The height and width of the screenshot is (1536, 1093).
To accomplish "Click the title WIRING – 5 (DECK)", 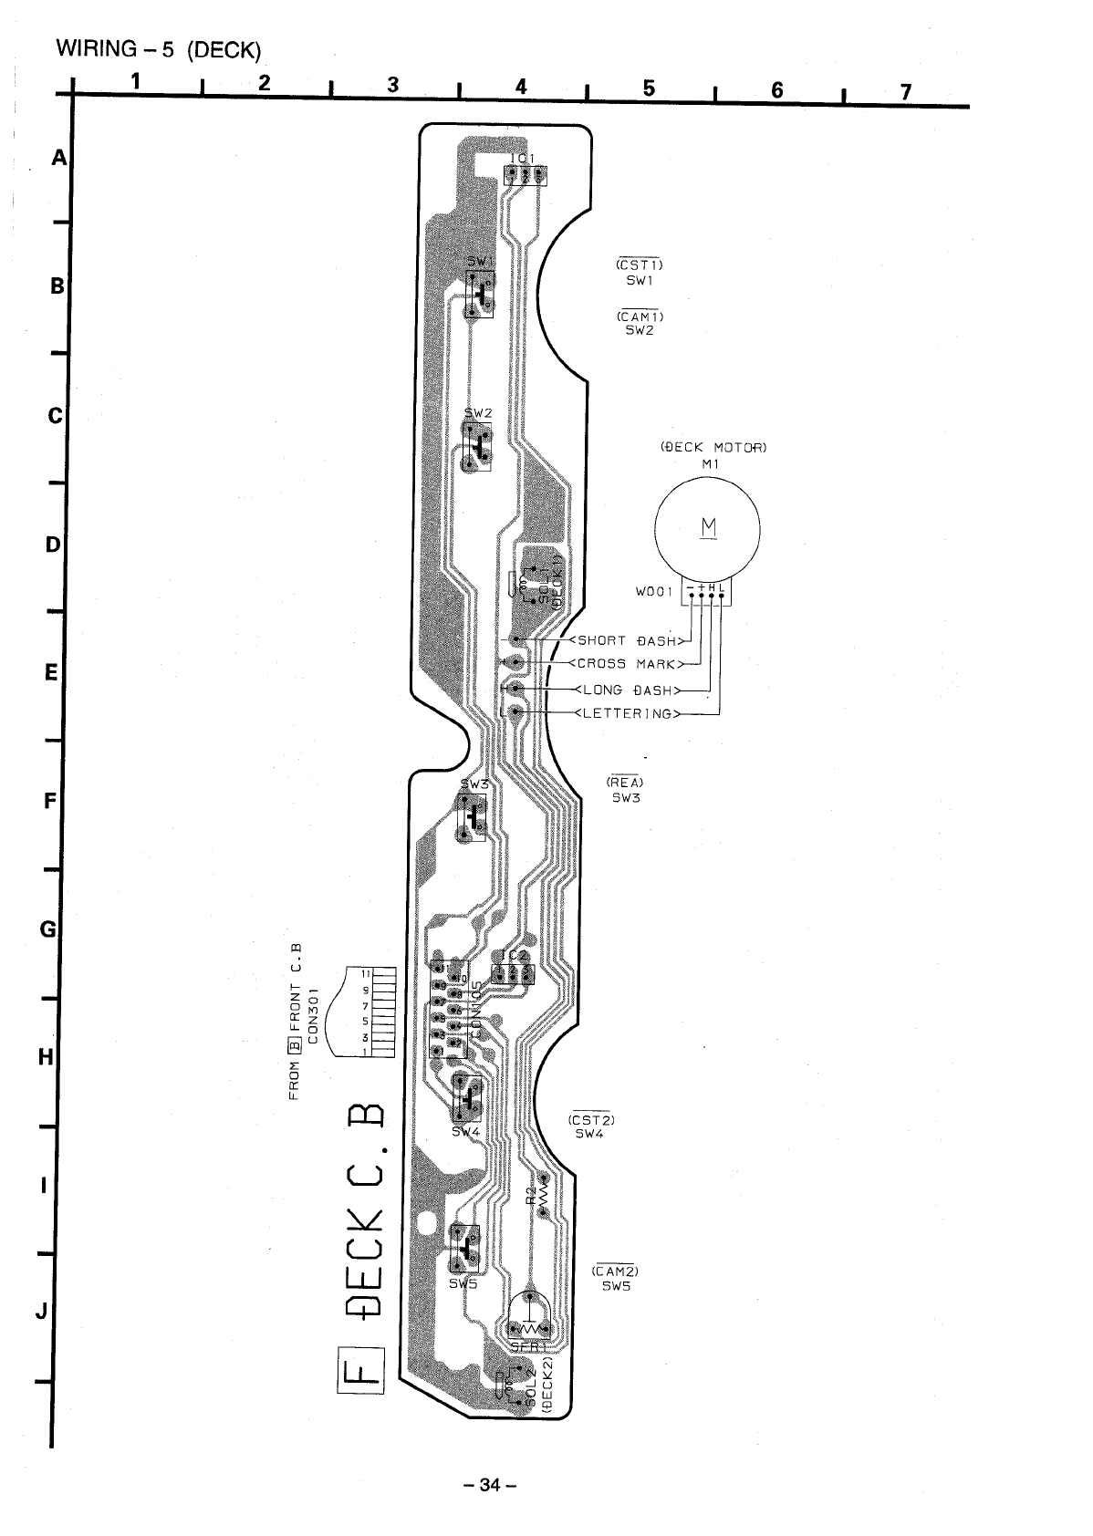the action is (152, 49).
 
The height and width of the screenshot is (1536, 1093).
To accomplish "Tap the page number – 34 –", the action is (489, 1485).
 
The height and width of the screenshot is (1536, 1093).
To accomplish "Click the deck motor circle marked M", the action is (708, 528).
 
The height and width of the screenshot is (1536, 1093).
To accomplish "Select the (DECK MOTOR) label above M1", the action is (713, 447).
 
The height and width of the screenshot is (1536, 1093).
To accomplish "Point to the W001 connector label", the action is (654, 591).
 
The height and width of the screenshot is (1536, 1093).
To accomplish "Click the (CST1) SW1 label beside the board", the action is (640, 273).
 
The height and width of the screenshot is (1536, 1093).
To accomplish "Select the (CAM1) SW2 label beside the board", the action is (640, 324).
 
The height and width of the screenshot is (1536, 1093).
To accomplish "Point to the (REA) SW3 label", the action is (626, 790).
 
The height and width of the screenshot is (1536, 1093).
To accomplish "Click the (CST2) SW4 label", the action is (590, 1126).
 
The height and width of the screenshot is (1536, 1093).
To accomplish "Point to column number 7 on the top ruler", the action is (905, 90).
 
